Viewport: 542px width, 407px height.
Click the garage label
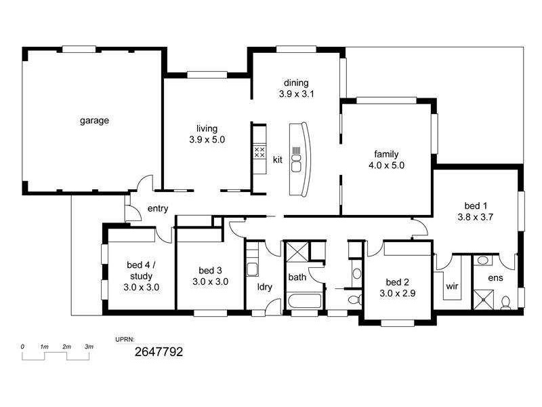click(x=95, y=121)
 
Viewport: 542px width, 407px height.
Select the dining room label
click(x=296, y=83)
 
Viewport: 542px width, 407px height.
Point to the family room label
click(x=386, y=153)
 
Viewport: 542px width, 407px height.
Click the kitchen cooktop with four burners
click(x=259, y=152)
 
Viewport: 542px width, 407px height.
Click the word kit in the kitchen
click(x=277, y=160)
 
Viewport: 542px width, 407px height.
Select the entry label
click(x=157, y=209)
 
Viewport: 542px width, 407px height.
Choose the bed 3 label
click(x=210, y=269)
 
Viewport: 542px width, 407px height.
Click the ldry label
click(x=265, y=286)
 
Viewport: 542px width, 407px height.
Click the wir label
click(x=453, y=286)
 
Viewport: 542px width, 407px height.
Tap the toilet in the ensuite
click(x=505, y=303)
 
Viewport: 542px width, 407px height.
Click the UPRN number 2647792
click(x=159, y=352)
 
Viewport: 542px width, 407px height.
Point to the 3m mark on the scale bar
click(x=89, y=347)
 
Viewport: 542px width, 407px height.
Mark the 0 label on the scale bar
click(x=23, y=347)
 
